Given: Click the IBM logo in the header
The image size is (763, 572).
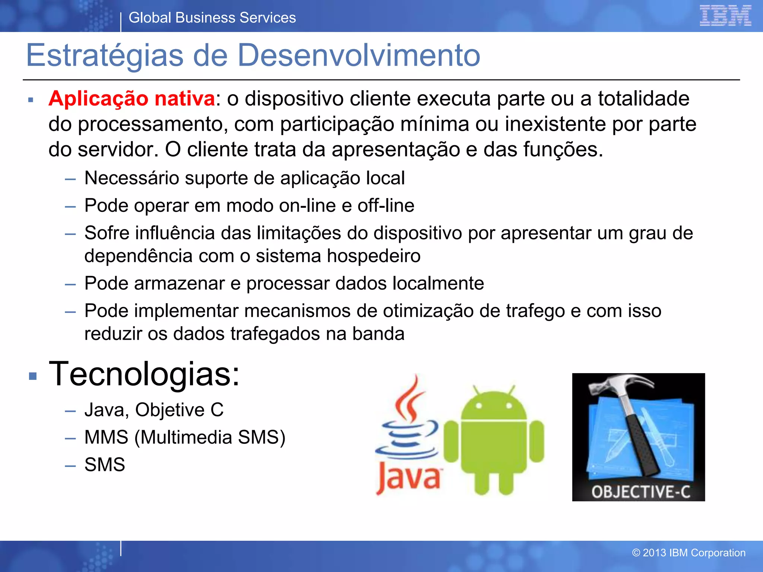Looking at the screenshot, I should (x=725, y=16).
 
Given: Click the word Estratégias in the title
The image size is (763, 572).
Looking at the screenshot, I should (x=105, y=55).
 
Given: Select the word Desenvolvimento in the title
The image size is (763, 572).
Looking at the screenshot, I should (x=358, y=55).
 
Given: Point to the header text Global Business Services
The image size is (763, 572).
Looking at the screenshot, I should (x=212, y=18).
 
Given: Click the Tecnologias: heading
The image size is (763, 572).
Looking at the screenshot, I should (x=144, y=374).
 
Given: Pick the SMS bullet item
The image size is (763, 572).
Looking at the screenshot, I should (x=105, y=465).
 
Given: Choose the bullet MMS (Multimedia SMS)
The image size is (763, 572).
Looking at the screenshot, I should (x=185, y=437).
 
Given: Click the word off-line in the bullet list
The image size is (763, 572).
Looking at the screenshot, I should (x=386, y=206).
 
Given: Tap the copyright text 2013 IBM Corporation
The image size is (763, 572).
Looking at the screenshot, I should (x=689, y=553).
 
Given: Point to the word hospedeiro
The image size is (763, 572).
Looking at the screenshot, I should (x=374, y=256).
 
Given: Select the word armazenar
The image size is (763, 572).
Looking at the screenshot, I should (x=179, y=283).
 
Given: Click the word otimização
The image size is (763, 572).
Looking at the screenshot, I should (x=428, y=311).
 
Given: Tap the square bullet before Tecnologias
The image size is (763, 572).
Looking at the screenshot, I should (x=33, y=376).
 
